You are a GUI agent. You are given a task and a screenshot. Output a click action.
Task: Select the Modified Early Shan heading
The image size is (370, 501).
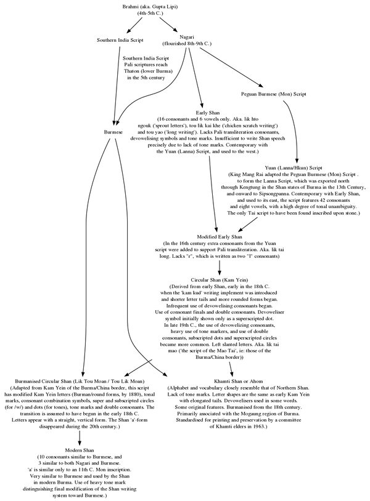tap(219, 237)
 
